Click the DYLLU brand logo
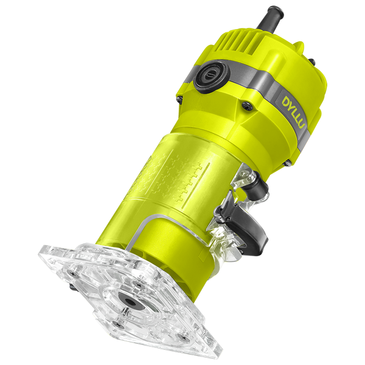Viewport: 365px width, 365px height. (x=294, y=112)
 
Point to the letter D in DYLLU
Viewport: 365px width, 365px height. (x=287, y=101)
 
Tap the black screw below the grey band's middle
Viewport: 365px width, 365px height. (x=247, y=105)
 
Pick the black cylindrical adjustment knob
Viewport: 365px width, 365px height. (x=258, y=186)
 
